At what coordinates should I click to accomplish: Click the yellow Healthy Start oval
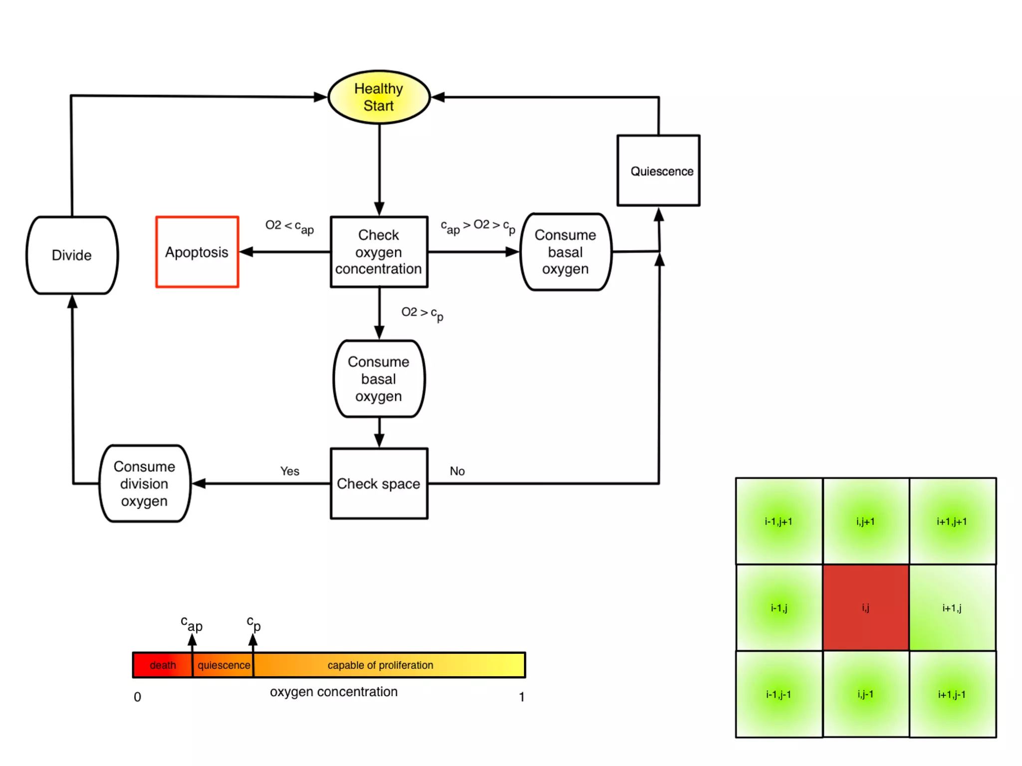tap(379, 97)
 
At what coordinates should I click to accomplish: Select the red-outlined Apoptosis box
tap(197, 252)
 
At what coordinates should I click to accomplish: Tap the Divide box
tap(72, 255)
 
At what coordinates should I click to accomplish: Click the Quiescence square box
tap(658, 171)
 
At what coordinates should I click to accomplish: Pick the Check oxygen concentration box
tap(379, 252)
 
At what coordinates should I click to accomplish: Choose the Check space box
tap(379, 483)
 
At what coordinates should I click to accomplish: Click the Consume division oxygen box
tap(144, 483)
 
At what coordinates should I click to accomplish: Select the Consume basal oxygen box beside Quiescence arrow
tap(565, 252)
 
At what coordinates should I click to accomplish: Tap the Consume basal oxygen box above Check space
tap(379, 379)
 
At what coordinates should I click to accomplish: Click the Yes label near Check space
tap(289, 471)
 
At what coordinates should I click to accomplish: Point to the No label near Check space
tap(457, 471)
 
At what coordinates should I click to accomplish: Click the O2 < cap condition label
tap(289, 226)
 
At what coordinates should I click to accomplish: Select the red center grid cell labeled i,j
tap(865, 607)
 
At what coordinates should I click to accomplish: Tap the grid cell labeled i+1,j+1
tap(952, 521)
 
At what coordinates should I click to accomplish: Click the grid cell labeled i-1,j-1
tap(778, 694)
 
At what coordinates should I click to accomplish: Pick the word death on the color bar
tap(163, 665)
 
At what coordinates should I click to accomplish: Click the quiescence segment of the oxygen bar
tap(224, 665)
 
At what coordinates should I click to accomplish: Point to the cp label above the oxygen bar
tap(254, 623)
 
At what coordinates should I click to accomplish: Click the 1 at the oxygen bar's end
tap(521, 697)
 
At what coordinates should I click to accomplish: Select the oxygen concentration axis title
tap(333, 692)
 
